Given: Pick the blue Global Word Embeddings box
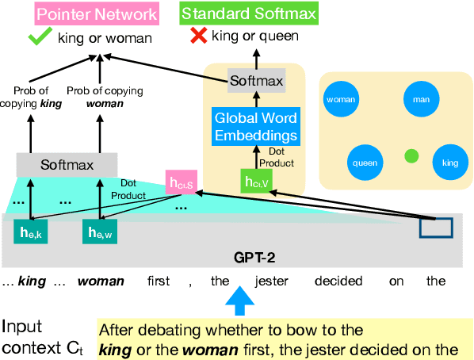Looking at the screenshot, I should [255, 126].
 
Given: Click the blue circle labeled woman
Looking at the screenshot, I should [341, 100].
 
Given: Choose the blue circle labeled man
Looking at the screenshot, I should [416, 100].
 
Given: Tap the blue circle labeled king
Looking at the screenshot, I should [450, 163].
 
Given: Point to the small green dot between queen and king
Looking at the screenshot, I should [411, 156].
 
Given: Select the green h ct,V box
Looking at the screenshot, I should [254, 182].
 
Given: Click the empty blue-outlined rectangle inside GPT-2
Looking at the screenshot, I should [436, 228].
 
